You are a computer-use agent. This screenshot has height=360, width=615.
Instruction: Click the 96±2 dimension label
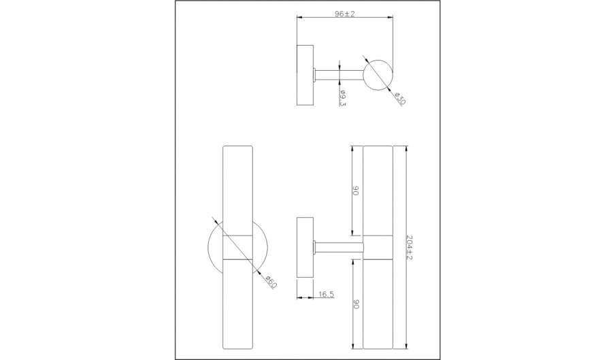coord(345,14)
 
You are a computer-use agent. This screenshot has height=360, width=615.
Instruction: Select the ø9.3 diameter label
coord(342,98)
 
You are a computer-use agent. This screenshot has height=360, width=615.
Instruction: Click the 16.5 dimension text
coord(327,294)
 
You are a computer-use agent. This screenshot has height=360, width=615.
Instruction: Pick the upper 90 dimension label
coord(356,191)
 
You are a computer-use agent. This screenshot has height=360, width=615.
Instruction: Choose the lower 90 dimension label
coord(356,304)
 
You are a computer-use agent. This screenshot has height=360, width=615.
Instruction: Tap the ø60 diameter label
coord(271,282)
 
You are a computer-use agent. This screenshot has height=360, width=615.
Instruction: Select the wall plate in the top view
coord(305,75)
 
